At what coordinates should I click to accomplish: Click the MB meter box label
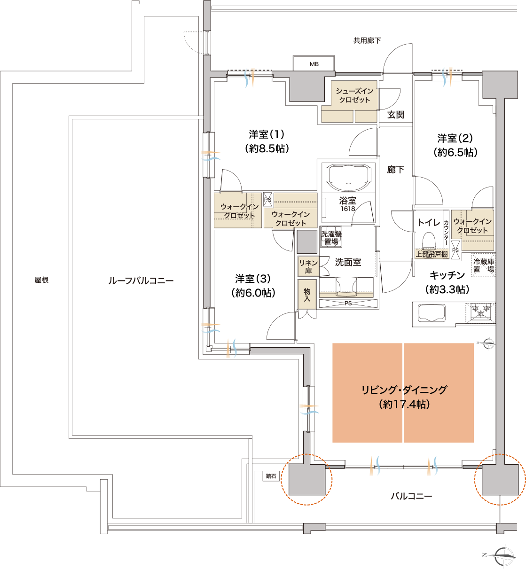point(314,64)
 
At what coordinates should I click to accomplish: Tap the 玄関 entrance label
point(396,115)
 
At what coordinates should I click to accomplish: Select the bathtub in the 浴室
point(348,177)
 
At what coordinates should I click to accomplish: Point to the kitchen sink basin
point(432,312)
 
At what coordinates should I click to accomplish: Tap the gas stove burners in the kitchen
point(480,311)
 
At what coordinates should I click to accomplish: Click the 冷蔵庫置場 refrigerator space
point(484,265)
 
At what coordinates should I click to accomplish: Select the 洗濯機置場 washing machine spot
point(331,237)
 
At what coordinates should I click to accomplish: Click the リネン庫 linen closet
point(308,266)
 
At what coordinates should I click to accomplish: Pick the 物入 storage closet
point(307,294)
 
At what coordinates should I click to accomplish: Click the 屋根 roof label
point(41,280)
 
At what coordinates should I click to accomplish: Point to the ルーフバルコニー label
point(141,281)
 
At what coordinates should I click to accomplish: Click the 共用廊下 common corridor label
point(367,41)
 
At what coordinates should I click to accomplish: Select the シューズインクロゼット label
point(354,95)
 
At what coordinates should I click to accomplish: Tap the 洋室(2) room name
point(455,139)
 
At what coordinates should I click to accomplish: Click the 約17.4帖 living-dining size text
point(404,404)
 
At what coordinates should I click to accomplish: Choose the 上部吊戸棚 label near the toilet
point(432,254)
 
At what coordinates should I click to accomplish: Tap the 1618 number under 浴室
point(348,209)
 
